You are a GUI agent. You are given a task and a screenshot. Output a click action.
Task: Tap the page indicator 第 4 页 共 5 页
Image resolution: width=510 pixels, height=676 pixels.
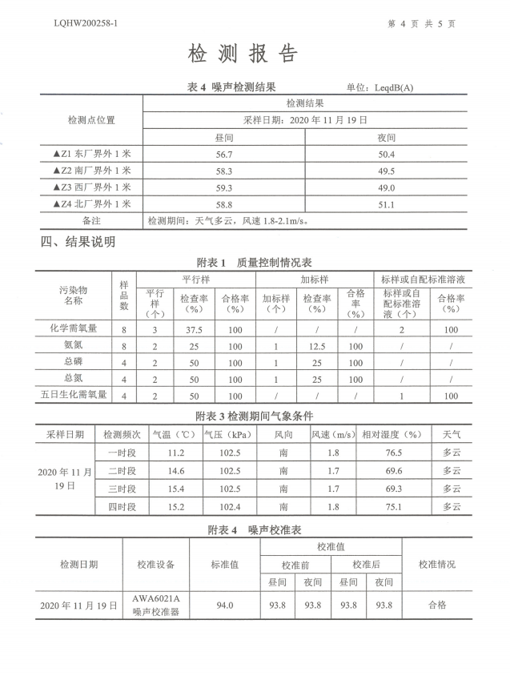[421, 24]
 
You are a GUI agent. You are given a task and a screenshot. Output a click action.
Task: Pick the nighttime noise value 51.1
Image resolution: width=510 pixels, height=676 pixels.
[387, 204]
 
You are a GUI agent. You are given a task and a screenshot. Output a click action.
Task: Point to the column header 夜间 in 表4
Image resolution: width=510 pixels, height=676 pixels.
[387, 138]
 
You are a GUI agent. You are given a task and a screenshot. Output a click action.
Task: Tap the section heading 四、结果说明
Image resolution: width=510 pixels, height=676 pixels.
[78, 241]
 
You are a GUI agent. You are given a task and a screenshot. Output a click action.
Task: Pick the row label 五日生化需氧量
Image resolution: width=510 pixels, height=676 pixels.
[74, 395]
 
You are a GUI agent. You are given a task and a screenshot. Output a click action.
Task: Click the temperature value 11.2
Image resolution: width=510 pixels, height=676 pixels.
[175, 453]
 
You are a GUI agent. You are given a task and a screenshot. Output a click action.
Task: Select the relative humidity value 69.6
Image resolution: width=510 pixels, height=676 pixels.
[394, 471]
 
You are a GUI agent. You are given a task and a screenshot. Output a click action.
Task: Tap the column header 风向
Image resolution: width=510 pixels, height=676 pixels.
[283, 434]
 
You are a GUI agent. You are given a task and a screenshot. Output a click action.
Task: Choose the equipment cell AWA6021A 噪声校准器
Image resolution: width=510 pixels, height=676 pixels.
[155, 606]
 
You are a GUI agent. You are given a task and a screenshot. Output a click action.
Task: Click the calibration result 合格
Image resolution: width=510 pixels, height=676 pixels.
[437, 606]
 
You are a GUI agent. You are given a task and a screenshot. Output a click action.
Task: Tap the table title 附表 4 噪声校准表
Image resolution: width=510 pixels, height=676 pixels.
[254, 530]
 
